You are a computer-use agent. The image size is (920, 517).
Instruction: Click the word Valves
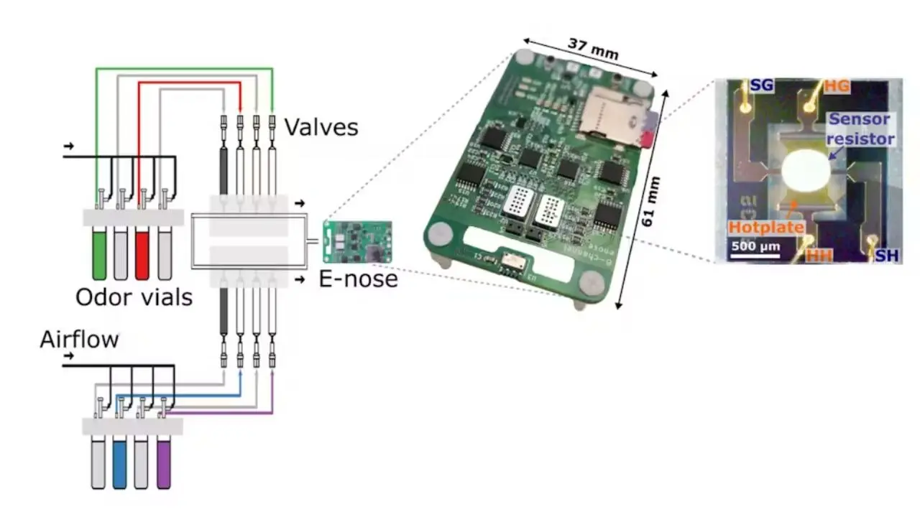[x=321, y=127]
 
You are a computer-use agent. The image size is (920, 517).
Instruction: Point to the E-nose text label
[x=358, y=278]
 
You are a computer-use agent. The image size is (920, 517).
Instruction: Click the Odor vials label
[x=134, y=296]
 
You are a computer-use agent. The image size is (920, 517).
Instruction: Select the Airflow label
[x=79, y=339]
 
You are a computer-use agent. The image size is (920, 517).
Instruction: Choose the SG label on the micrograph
[x=761, y=87]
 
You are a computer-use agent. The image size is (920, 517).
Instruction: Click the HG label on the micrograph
[x=837, y=86]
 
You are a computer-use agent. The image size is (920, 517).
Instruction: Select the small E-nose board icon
[x=357, y=241]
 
